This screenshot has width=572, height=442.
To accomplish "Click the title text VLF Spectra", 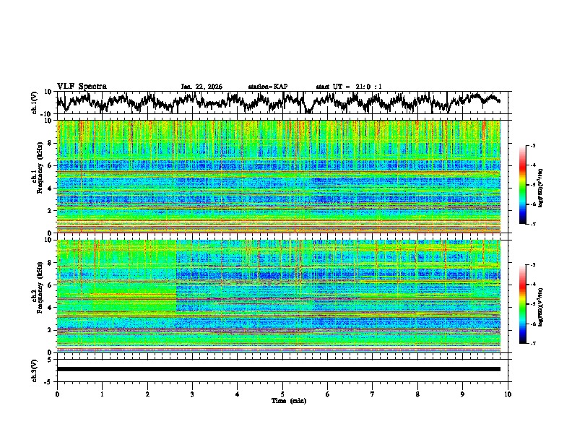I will (82, 86).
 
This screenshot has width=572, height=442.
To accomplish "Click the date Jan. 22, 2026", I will (201, 87).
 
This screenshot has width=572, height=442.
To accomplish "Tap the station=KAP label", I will (268, 87).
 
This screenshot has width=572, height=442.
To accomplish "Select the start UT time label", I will (349, 87).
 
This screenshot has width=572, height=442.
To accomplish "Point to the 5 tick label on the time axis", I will (282, 394).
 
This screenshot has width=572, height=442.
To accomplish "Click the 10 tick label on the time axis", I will (508, 394).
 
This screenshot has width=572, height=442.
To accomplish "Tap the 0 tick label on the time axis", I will (57, 394).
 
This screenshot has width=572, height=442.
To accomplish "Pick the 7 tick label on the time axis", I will (373, 394).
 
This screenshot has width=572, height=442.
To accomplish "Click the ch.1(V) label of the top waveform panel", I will (35, 103).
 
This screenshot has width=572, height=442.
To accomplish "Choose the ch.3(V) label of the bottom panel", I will (35, 369).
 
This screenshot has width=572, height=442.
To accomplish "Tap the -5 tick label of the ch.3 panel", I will (48, 381).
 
